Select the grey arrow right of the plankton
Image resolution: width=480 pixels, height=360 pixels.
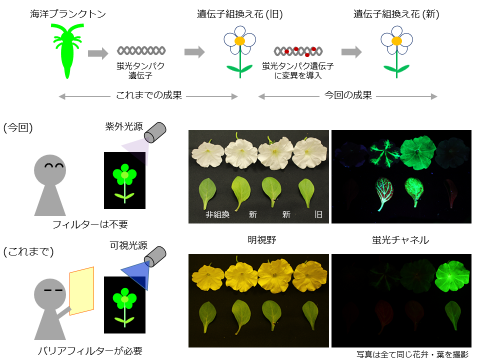pos(98,52)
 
